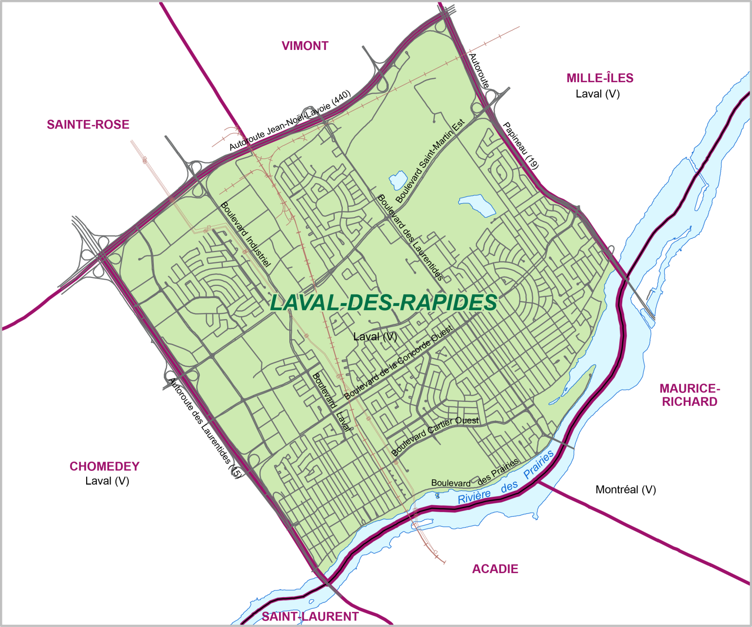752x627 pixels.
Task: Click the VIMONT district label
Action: (305, 46)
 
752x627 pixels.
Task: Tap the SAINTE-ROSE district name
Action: (88, 125)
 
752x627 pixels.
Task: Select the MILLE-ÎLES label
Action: (600, 78)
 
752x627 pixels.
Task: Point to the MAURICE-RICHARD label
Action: (689, 395)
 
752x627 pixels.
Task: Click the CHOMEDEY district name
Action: (104, 466)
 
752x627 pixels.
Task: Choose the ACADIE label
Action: (495, 569)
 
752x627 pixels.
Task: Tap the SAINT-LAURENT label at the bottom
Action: (310, 617)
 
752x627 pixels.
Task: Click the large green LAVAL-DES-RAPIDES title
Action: (383, 303)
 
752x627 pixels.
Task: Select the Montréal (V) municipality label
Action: (626, 489)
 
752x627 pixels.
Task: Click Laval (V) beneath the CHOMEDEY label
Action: (107, 481)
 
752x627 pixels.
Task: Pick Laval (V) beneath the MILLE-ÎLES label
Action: (598, 94)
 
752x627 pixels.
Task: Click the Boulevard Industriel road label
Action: (245, 234)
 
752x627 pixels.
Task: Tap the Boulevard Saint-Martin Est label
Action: (430, 162)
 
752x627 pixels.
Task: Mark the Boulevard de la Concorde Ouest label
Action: (399, 362)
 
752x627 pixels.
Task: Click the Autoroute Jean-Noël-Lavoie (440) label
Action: (290, 120)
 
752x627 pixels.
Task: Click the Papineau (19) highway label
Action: (521, 146)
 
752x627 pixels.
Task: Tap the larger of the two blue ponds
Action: (478, 205)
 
